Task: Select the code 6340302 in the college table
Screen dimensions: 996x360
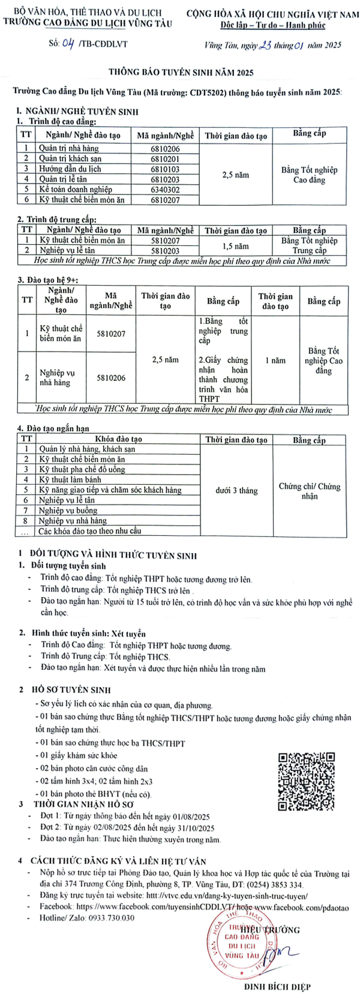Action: click(165, 190)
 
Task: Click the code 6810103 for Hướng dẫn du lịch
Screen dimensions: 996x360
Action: click(165, 169)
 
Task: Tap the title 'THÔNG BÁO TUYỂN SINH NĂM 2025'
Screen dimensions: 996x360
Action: click(181, 72)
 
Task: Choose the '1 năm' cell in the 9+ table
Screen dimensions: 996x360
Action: click(275, 361)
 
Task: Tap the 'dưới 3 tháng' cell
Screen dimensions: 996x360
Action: click(236, 490)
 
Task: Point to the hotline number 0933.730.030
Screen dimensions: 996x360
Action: click(112, 918)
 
